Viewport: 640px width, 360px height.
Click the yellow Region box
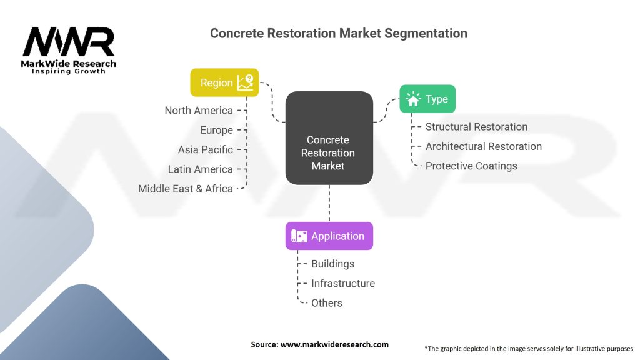pyautogui.click(x=224, y=82)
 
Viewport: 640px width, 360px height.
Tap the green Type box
pyautogui.click(x=427, y=99)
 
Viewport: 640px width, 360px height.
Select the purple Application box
pyautogui.click(x=329, y=236)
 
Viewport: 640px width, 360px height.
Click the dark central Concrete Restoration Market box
pyautogui.click(x=329, y=138)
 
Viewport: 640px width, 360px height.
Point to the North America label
pyautogui.click(x=199, y=111)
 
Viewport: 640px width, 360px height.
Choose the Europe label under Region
pyautogui.click(x=217, y=130)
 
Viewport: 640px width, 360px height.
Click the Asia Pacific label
pyautogui.click(x=205, y=150)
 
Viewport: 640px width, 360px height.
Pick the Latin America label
pyautogui.click(x=201, y=169)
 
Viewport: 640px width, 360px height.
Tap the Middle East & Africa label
pyautogui.click(x=185, y=189)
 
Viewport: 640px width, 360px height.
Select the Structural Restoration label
pyautogui.click(x=476, y=127)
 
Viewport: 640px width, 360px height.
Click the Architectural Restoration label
pyautogui.click(x=484, y=146)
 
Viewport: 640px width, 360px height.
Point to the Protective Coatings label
pyautogui.click(x=471, y=166)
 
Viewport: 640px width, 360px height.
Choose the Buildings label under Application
pyautogui.click(x=332, y=264)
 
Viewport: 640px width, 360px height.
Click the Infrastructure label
pyautogui.click(x=343, y=284)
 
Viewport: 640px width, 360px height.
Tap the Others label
pyautogui.click(x=326, y=303)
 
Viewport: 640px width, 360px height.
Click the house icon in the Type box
pyautogui.click(x=413, y=99)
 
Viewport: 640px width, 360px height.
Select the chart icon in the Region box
pyautogui.click(x=245, y=82)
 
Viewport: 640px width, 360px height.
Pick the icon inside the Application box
pyautogui.click(x=299, y=236)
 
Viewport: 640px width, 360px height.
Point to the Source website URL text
pyautogui.click(x=334, y=344)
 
